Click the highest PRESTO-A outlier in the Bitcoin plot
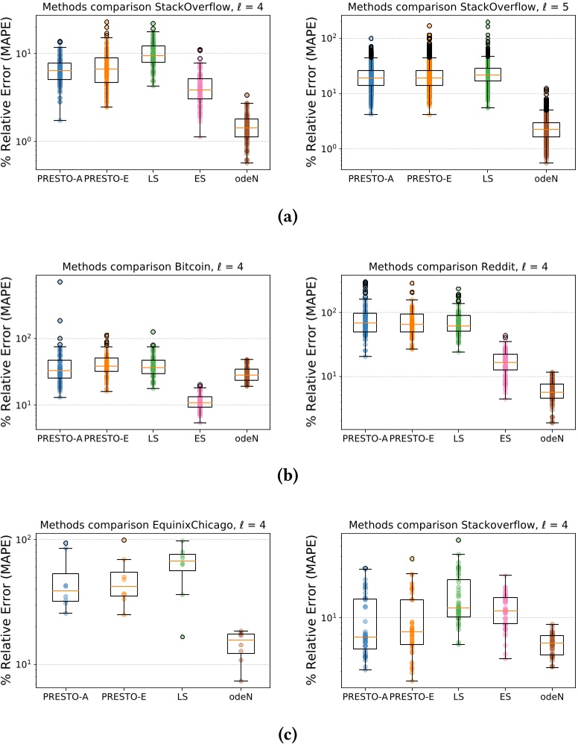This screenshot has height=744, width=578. (x=60, y=282)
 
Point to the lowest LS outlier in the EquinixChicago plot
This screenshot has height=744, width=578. (x=182, y=637)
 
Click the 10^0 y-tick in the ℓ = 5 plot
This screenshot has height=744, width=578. (x=320, y=149)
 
